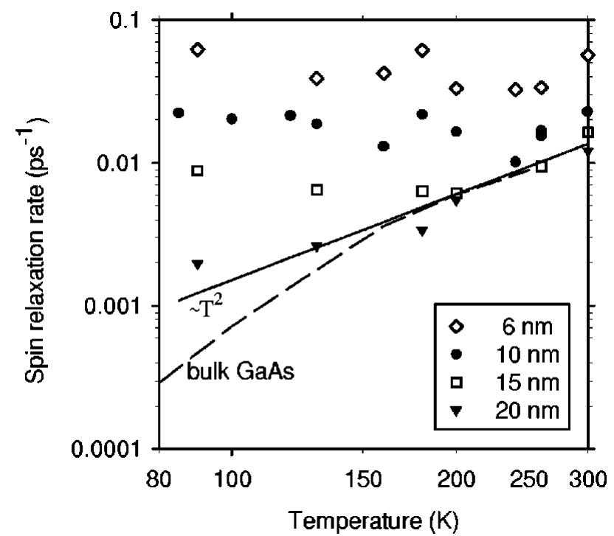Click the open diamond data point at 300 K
588,55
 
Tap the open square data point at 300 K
588,132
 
